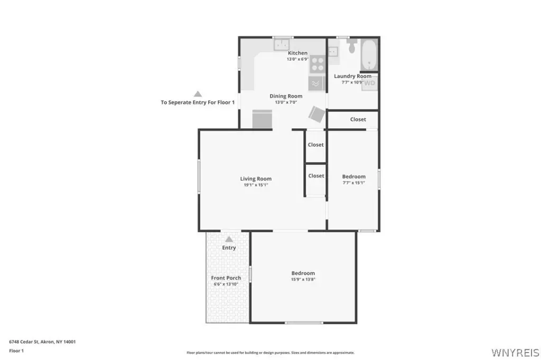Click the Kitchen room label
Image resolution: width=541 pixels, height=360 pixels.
pyautogui.click(x=297, y=53)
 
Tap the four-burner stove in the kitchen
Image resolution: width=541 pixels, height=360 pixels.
pyautogui.click(x=318, y=64)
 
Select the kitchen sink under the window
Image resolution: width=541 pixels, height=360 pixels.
pyautogui.click(x=282, y=44)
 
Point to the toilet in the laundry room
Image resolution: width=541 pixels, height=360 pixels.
pyautogui.click(x=352, y=46)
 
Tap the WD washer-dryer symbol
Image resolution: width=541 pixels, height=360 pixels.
pyautogui.click(x=369, y=83)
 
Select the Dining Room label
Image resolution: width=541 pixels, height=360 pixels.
pyautogui.click(x=286, y=96)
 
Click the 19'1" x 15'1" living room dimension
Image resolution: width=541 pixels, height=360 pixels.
pyautogui.click(x=256, y=185)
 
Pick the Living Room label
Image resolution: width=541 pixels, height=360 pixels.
pyautogui.click(x=256, y=178)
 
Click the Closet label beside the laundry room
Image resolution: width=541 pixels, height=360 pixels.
pyautogui.click(x=358, y=119)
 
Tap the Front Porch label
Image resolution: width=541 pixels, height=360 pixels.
pyautogui.click(x=226, y=278)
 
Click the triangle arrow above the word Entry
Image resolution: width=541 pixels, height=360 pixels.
pyautogui.click(x=229, y=239)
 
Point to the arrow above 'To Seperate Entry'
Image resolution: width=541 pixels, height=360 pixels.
pyautogui.click(x=198, y=94)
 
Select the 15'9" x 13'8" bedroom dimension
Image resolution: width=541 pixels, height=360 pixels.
pyautogui.click(x=303, y=279)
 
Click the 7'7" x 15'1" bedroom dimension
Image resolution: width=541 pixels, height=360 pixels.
pyautogui.click(x=353, y=183)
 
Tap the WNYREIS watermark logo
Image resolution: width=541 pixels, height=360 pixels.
pyautogui.click(x=515, y=353)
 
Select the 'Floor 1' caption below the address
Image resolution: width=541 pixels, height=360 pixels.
pyautogui.click(x=16, y=350)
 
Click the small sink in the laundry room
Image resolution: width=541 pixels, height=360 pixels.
pyautogui.click(x=333, y=52)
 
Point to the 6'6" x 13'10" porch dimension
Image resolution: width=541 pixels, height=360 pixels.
pyautogui.click(x=226, y=284)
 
